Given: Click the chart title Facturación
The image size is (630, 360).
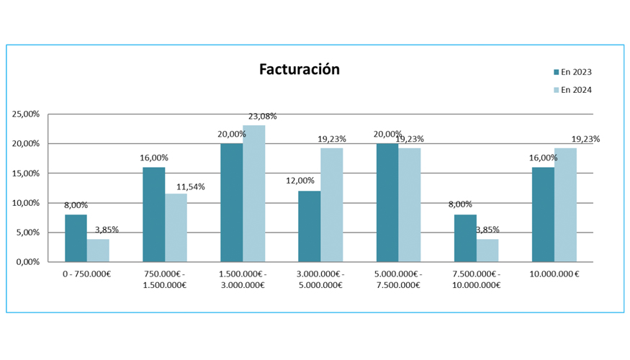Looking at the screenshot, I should pyautogui.click(x=299, y=70).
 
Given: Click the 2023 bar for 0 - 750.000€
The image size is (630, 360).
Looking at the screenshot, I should pyautogui.click(x=76, y=238).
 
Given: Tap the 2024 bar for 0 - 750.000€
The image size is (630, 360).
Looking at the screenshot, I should pyautogui.click(x=98, y=251).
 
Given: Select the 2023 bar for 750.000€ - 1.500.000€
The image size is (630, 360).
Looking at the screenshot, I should pyautogui.click(x=153, y=215).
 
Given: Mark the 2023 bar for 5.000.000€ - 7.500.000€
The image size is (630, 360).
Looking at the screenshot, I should pyautogui.click(x=387, y=202).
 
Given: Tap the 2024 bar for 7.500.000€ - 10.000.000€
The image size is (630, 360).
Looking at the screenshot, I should pyautogui.click(x=487, y=251).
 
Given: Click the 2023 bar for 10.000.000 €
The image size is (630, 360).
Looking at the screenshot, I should pyautogui.click(x=542, y=215).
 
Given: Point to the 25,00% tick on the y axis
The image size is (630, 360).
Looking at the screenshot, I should pyautogui.click(x=26, y=114).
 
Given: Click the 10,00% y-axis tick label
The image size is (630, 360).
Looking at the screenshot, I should pyautogui.click(x=26, y=203).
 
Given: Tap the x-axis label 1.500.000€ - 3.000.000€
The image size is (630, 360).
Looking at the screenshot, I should pyautogui.click(x=242, y=279).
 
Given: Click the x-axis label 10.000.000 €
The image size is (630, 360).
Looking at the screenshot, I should pyautogui.click(x=554, y=274).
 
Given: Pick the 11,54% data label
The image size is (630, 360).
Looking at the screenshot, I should pyautogui.click(x=190, y=186).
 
